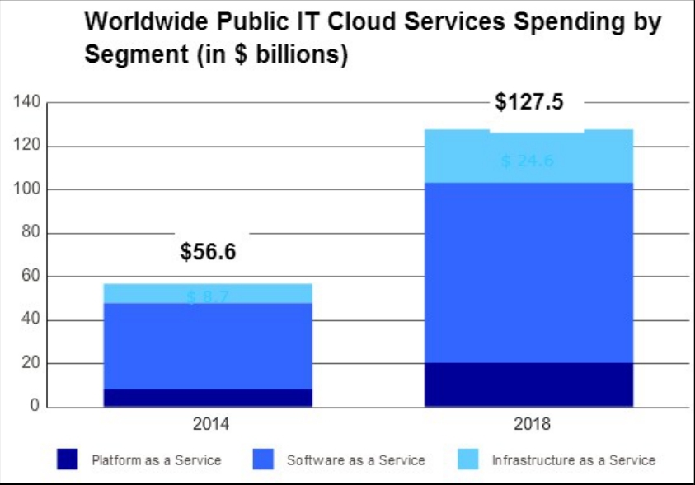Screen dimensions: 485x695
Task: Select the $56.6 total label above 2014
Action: [x=208, y=252]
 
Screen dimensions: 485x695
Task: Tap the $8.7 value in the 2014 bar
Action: [x=208, y=297]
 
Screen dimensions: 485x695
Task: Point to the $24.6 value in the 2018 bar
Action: [x=528, y=161]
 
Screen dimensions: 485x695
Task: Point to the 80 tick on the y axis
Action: [x=31, y=233]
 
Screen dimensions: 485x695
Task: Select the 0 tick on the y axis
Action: [x=35, y=407]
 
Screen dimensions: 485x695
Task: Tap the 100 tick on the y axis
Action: [x=28, y=189]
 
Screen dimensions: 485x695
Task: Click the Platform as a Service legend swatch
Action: [x=68, y=459]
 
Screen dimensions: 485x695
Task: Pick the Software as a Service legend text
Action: [x=355, y=460]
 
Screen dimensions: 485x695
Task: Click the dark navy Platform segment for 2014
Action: [x=208, y=398]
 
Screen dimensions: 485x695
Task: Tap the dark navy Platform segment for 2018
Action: [x=528, y=385]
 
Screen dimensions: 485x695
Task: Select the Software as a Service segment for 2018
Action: [x=528, y=272]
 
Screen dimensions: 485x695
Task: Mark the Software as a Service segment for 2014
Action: [x=208, y=346]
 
